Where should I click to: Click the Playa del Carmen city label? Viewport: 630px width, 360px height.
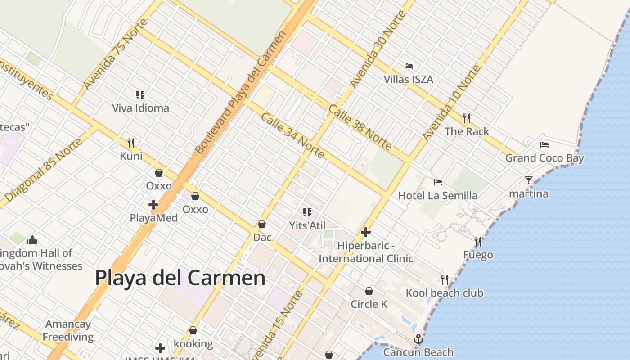coord(180,278)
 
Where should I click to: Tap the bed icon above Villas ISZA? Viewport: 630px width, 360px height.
coord(409,66)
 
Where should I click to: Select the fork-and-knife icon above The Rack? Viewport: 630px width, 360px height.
coord(467,118)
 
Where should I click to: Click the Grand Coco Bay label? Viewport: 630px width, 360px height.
coord(544,158)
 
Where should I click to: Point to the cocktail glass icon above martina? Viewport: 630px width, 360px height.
coord(529,180)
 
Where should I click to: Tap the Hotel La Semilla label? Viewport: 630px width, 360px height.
coord(438,196)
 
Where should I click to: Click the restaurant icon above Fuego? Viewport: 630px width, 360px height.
coord(478,242)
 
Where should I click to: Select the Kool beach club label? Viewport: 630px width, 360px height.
coord(445,293)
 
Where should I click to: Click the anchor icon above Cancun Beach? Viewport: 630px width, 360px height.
coord(418,339)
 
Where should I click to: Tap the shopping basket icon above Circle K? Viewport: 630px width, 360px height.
coord(369,291)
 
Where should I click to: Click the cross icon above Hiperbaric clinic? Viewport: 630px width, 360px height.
coord(366,232)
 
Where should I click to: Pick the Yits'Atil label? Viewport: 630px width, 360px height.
coord(307,225)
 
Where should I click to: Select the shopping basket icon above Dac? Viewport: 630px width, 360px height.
coord(262,224)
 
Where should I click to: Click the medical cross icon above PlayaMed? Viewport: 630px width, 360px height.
coord(153,205)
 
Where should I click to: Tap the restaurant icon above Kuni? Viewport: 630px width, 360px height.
coord(131,143)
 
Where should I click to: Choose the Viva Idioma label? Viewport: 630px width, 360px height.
coord(140,108)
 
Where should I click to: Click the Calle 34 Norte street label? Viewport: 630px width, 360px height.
coord(292,135)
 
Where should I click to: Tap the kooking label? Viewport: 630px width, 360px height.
coord(193,344)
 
